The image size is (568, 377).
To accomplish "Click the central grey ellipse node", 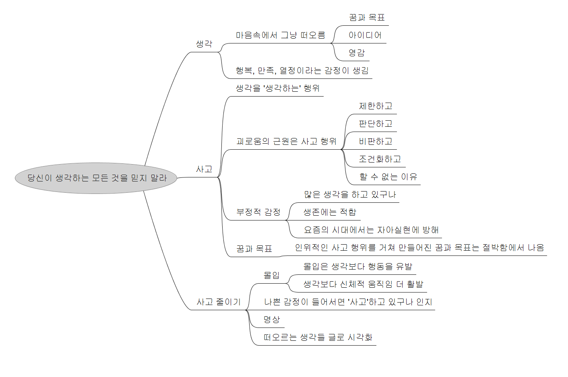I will coord(96,178).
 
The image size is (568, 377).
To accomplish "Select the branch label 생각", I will coord(204,44).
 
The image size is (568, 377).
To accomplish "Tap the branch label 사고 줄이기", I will coord(218,302).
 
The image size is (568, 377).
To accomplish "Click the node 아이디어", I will coord(365,35).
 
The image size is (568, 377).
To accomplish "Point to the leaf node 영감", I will coord(357,53).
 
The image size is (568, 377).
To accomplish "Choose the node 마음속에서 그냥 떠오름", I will coord(280,35).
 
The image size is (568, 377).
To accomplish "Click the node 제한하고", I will coord(376,106).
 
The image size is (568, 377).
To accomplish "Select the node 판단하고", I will coord(376,124).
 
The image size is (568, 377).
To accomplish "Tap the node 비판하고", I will coord(376,142).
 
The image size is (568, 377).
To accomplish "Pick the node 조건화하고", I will coord(380,159).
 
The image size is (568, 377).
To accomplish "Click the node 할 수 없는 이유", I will coord(388,177).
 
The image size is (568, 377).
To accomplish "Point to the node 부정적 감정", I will coord(258,212).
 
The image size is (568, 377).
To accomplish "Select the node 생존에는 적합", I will coord(330,212).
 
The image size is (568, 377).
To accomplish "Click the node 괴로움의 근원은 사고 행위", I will coord(286,141).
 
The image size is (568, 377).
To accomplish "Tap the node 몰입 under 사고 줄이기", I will coord(271,275).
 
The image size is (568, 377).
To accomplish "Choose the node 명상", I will coord(271,319).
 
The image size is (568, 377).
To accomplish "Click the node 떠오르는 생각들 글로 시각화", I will coord(318,337).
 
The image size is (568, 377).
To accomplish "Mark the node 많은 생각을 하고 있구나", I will coord(350,195).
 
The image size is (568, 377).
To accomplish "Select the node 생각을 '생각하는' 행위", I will coord(278,88).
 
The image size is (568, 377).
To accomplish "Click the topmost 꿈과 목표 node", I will coord(367,18).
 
